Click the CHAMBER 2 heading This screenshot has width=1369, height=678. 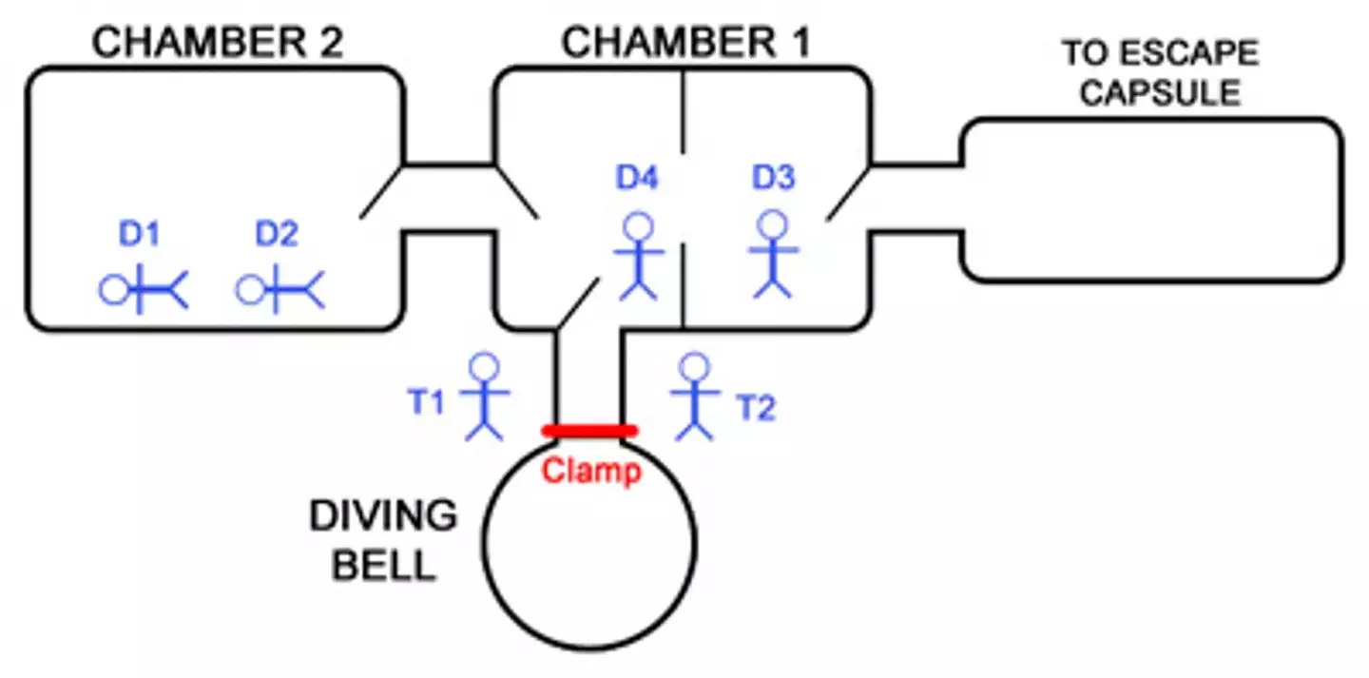coord(217,43)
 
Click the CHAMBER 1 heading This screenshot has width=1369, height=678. coord(686,43)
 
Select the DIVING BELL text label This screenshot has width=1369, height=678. coord(383,540)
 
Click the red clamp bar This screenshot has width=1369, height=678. coord(588,431)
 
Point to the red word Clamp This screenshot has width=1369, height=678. coord(591,471)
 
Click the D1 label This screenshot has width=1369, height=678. coord(141,234)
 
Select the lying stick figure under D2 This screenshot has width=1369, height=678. coord(280,289)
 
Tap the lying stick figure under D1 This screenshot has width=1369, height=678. coord(144,289)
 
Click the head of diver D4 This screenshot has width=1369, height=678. coord(638,226)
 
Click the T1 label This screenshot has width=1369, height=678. coord(427,403)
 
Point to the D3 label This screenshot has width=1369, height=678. coord(774,177)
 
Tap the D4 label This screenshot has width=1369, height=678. coord(638,177)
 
